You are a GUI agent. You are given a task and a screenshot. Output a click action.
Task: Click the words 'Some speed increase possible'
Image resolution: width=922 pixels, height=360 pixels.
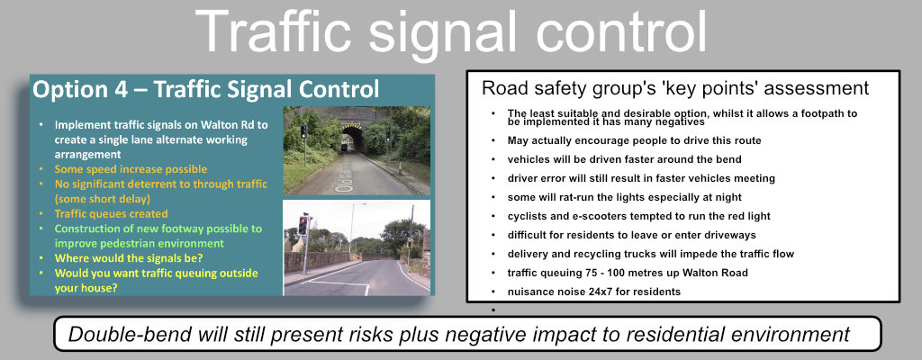tap(131, 169)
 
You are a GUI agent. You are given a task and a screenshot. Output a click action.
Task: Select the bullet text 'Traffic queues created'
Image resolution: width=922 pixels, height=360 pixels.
tap(111, 214)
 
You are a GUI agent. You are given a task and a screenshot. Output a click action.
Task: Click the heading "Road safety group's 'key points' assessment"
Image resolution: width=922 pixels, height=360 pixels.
tap(675, 88)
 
